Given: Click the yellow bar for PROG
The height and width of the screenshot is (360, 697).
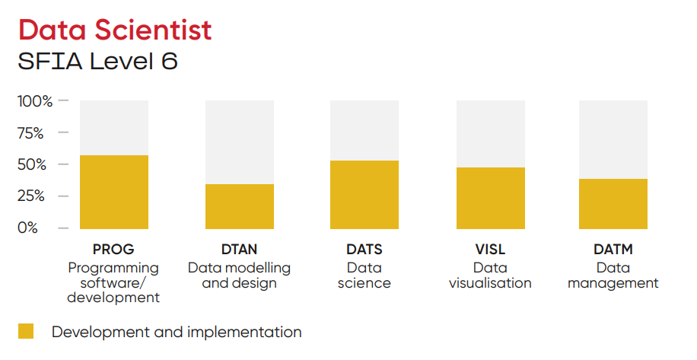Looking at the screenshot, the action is tap(114, 192).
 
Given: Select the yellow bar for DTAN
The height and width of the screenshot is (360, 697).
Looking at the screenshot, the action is tap(240, 207).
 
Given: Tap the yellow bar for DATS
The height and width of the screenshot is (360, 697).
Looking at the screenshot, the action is tap(364, 195).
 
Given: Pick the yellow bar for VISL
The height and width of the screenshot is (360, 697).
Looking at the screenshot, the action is tap(491, 198).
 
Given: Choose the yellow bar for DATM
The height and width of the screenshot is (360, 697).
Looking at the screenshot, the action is tap(613, 204).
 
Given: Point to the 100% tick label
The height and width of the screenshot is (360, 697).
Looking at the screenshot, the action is tap(35, 101).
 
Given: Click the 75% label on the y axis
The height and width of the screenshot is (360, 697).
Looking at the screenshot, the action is tap(30, 133).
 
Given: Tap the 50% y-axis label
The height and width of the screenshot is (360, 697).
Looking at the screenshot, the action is tap(32, 165).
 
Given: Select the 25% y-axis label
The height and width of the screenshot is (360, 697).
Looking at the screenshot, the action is tap(31, 196).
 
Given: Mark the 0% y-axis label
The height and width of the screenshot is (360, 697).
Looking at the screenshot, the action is tap(27, 228).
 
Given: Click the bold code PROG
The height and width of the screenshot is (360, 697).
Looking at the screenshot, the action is tap(113, 250).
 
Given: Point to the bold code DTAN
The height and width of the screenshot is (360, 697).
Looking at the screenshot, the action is tap(239, 250).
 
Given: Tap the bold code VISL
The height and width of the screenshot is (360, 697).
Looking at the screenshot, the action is tap(490, 250).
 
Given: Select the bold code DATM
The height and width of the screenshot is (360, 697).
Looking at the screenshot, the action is tap(613, 250).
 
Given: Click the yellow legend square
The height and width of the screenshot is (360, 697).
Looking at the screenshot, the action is tap(26, 331).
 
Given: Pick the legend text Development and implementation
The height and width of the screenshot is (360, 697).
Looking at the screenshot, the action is tap(177, 332).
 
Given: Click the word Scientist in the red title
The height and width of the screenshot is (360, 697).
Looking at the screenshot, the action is tap(153, 30).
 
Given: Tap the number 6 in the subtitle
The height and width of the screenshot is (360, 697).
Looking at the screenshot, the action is tap(170, 61).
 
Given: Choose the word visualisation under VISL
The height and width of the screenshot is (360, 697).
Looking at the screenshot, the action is tap(490, 283).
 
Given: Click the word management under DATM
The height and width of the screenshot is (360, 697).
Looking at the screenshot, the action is tap(613, 284).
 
